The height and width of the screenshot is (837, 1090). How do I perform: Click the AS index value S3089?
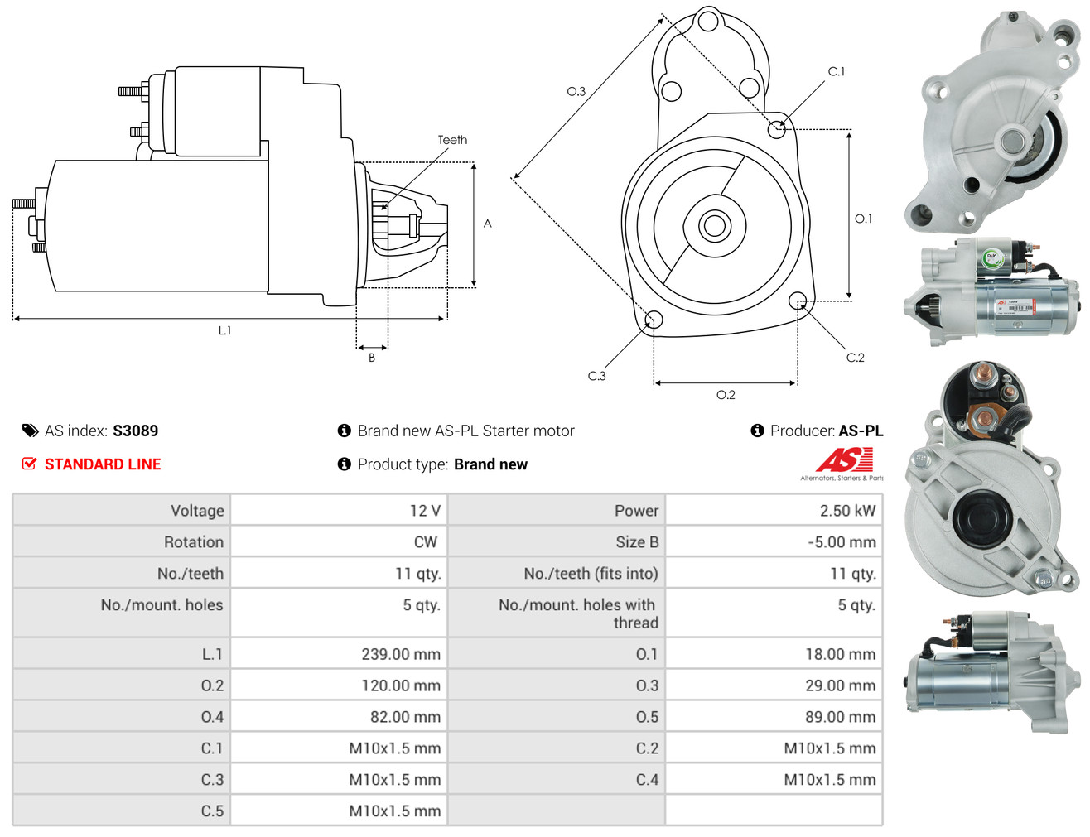[x=135, y=431]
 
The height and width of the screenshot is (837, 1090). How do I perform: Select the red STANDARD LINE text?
[x=103, y=464]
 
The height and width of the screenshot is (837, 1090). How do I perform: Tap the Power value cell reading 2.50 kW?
[x=846, y=511]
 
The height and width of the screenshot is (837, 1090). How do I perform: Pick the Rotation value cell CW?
[x=425, y=542]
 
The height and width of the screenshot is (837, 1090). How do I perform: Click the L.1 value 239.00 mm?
[x=400, y=654]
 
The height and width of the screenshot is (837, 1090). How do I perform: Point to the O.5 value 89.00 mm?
[x=840, y=717]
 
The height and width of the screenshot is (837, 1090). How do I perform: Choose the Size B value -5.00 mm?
[x=842, y=542]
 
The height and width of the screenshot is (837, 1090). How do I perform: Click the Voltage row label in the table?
[x=197, y=511]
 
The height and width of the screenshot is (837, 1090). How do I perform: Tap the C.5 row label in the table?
[x=212, y=811]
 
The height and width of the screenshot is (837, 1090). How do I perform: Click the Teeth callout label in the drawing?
[x=452, y=140]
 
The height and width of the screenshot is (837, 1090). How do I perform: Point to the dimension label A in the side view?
[x=487, y=224]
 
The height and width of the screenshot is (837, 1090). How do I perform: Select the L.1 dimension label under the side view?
[x=224, y=330]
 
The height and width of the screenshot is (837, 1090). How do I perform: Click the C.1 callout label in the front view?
[x=837, y=72]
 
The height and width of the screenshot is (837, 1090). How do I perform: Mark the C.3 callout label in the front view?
[x=596, y=376]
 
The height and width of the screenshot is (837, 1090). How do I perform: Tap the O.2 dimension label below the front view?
[x=726, y=395]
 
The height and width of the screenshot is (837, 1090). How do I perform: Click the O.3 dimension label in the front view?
[x=576, y=91]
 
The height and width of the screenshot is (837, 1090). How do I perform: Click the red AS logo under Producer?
[x=844, y=460]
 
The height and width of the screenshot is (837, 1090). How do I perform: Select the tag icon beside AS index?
[x=30, y=431]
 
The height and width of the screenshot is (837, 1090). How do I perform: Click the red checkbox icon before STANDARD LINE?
[x=29, y=464]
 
